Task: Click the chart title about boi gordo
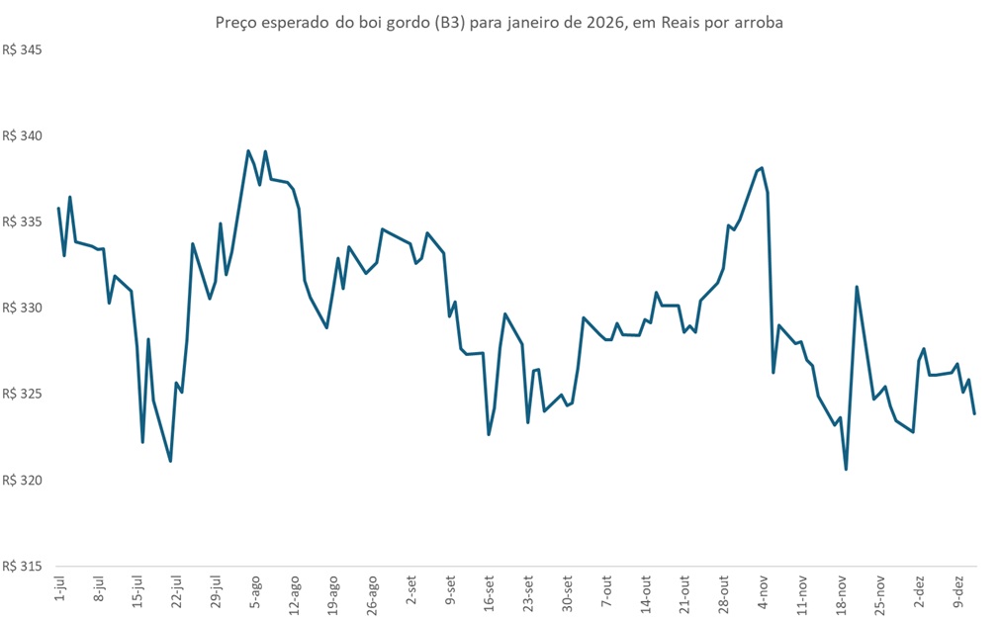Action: coord(500,23)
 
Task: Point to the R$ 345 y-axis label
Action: coord(24,49)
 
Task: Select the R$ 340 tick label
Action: coord(24,135)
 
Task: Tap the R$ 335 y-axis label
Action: coord(24,222)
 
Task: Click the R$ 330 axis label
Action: coord(24,309)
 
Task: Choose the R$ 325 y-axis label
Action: coord(24,395)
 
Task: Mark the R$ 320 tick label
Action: coord(24,481)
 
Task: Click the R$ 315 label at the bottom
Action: coord(24,567)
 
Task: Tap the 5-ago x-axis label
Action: coord(254,591)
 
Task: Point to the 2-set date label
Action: coord(410,591)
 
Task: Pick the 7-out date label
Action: coord(606,591)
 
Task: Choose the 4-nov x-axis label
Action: coord(763,591)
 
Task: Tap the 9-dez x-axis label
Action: coord(957,591)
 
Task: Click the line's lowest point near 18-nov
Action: coord(846,469)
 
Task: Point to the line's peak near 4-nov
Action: coord(762,168)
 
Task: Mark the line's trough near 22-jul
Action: coord(171,461)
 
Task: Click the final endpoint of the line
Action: coord(974,413)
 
